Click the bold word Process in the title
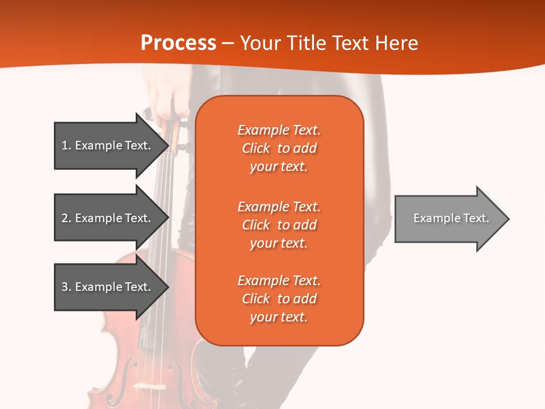(178, 43)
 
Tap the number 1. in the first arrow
(66, 145)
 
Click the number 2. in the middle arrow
(66, 218)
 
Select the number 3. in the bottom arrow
(66, 287)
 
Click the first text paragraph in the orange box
(279, 148)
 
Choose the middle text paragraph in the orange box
(279, 224)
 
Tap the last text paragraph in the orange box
(279, 299)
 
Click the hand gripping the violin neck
(170, 102)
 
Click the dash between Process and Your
(228, 43)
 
